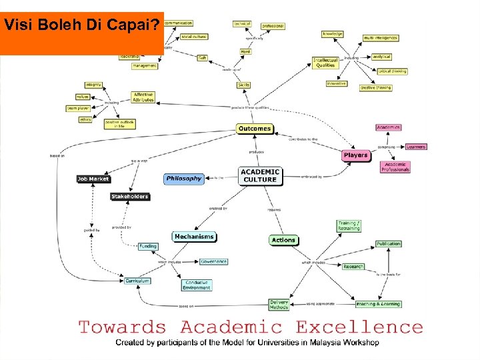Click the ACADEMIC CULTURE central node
(260, 175)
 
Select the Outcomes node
(255, 128)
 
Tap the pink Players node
(355, 155)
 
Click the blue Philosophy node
(184, 179)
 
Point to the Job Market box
(93, 179)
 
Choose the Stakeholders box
(130, 197)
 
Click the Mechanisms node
(194, 237)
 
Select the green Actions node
(283, 240)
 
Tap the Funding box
(148, 246)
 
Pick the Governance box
(213, 261)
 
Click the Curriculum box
(137, 281)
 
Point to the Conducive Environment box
(197, 285)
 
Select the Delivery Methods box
(279, 305)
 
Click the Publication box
(389, 244)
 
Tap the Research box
(353, 267)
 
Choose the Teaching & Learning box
(378, 304)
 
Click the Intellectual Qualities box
(326, 63)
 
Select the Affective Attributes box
(143, 97)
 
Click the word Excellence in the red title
(359, 327)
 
